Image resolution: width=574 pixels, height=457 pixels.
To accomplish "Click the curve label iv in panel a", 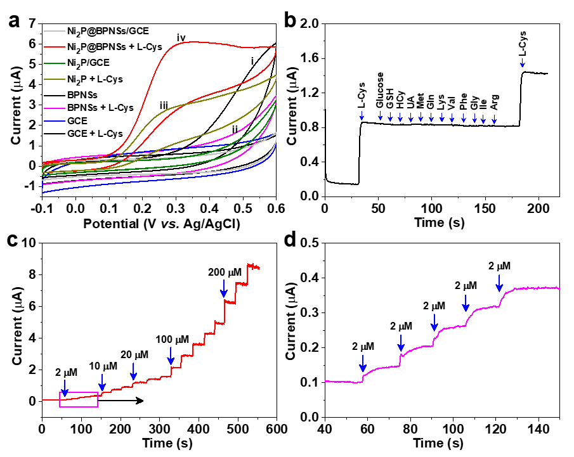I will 181,37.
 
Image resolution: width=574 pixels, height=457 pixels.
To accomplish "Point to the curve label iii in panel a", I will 164,105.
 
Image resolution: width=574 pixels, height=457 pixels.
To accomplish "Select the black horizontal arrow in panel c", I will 121,401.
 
